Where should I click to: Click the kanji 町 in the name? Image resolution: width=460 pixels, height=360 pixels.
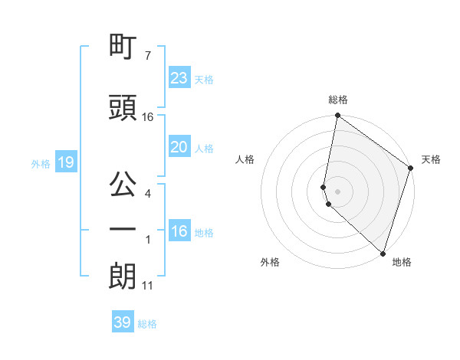123,47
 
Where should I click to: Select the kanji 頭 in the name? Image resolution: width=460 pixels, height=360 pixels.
123,108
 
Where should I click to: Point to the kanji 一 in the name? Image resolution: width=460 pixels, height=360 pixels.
123,229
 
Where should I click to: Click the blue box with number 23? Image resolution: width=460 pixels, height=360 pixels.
179,78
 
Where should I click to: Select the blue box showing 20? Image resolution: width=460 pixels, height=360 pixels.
179,148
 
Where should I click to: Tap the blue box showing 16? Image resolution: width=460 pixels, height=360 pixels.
179,232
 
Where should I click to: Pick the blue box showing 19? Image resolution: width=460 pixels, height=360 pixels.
65,162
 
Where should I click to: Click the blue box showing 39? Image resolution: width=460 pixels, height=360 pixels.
123,322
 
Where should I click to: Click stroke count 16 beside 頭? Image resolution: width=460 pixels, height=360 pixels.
148,116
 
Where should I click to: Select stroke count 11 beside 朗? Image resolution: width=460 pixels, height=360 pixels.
148,286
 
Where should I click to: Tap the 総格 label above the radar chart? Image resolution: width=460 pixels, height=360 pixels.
338,100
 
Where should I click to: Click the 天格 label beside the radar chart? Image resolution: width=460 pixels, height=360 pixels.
431,159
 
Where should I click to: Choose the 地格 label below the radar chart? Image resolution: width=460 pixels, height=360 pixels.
402,262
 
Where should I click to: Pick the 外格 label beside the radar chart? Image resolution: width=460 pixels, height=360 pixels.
270,262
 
